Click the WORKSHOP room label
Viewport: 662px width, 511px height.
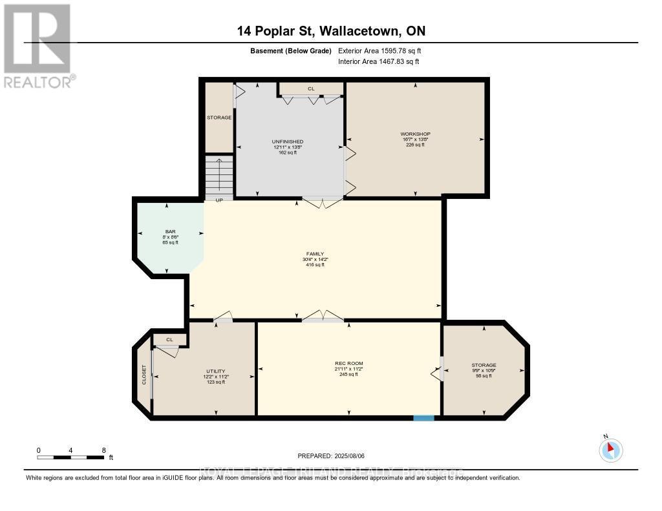click(x=415, y=134)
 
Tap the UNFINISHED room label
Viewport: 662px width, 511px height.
click(x=288, y=141)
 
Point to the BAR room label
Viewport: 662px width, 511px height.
click(x=165, y=231)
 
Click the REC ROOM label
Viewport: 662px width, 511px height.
click(x=348, y=364)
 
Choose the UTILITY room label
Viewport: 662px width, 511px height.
click(x=215, y=371)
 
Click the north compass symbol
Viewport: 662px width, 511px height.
click(x=611, y=450)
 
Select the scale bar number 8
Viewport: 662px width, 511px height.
click(x=103, y=450)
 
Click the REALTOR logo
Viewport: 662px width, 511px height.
click(x=37, y=45)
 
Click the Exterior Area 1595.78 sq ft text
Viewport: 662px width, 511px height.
click(x=379, y=50)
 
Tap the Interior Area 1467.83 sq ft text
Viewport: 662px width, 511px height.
click(x=378, y=61)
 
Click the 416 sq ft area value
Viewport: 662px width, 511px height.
click(x=315, y=265)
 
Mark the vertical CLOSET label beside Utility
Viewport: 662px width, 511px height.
click(x=144, y=375)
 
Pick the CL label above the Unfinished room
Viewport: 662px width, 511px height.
click(x=311, y=89)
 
